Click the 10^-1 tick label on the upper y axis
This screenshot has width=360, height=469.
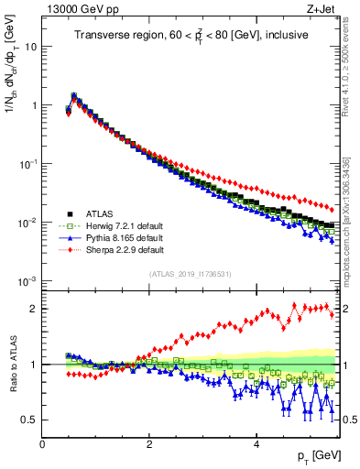(x=27, y=163)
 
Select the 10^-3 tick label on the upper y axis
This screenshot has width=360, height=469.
(x=27, y=280)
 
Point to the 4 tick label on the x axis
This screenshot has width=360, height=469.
(x=256, y=444)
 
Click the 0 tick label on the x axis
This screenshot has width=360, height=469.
(x=42, y=444)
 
